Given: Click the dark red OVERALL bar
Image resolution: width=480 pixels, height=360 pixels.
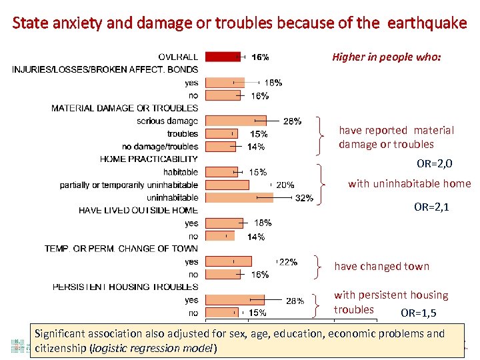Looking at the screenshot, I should [223, 57].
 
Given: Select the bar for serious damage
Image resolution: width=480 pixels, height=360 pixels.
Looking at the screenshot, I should [235, 121].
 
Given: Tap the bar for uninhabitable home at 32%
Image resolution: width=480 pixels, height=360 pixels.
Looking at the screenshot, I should [239, 197].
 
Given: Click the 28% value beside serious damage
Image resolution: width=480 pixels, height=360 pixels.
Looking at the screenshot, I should [292, 121].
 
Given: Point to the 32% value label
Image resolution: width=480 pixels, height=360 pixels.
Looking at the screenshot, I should [304, 198].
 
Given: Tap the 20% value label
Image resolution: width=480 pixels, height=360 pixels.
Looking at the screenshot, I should [285, 185].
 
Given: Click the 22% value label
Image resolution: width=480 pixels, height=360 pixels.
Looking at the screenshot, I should [288, 262].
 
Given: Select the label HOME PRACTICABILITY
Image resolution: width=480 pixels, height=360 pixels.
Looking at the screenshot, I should [149, 159].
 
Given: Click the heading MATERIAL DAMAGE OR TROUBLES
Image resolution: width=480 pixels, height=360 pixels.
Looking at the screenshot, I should [125, 108].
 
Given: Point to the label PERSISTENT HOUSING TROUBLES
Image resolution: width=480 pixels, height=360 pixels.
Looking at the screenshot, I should [125, 287].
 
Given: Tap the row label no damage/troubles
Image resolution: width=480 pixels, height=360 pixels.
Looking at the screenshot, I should [160, 147].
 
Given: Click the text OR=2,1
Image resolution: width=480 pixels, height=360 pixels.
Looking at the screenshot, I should [431, 207].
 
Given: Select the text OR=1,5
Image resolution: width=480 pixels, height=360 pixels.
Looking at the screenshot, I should [419, 313].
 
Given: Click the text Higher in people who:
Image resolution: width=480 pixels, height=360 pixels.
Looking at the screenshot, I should [387, 57].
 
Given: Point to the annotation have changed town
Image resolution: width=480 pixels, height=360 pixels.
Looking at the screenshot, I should [381, 267].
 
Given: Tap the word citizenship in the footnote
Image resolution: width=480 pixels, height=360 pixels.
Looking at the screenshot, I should [60, 348].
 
